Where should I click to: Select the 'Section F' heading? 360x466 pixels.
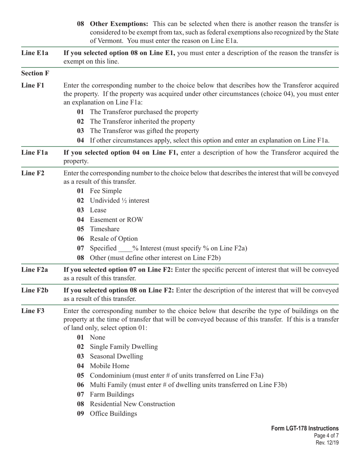pos(35,73)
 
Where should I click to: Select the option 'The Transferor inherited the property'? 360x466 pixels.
pos(142,122)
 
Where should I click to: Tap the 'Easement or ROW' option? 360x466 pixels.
pos(116,220)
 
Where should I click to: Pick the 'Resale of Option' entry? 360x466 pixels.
pos(114,239)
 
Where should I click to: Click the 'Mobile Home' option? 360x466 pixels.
pos(109,366)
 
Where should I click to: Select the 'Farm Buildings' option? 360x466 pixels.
pos(112,395)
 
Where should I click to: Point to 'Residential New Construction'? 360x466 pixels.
pos(132,404)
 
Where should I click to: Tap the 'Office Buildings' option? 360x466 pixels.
pos(113,414)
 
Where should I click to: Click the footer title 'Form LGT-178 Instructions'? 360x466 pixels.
pos(305,428)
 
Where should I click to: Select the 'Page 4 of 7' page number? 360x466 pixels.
pos(326,436)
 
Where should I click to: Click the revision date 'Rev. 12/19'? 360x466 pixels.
pos(327,443)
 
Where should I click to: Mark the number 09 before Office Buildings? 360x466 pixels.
pos(80,414)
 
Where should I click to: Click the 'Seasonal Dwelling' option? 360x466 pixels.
pos(116,357)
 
